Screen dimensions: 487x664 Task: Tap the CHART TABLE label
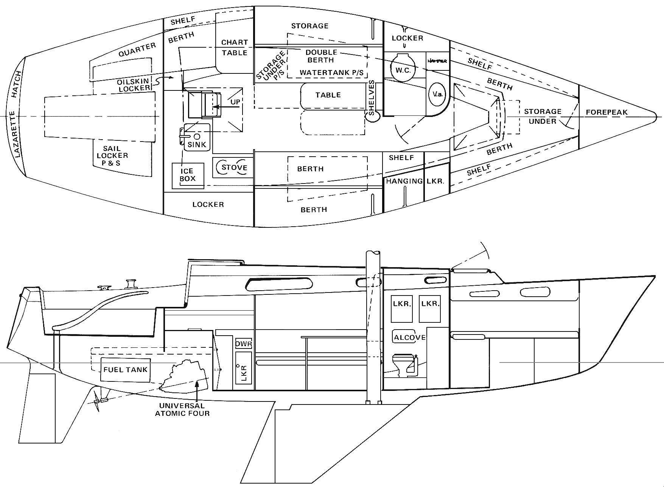(235, 47)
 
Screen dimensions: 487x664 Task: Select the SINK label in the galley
(197, 144)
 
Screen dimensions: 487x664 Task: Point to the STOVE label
(234, 167)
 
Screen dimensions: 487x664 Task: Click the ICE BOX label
(187, 175)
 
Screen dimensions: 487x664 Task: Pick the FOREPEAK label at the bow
(606, 112)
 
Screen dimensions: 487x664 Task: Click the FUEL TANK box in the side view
(126, 369)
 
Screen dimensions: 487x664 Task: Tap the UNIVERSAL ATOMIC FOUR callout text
(182, 409)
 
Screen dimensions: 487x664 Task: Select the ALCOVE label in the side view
(409, 338)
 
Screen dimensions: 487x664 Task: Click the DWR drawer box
(243, 344)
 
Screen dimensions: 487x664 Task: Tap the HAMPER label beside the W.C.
(437, 61)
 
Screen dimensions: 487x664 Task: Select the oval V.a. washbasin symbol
(437, 93)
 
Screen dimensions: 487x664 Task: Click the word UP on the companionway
(235, 102)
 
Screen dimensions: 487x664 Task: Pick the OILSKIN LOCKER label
(134, 85)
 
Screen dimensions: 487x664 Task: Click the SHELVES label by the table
(372, 98)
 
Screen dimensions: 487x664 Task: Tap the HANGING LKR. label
(415, 181)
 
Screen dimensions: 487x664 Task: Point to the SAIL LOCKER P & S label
(112, 156)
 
